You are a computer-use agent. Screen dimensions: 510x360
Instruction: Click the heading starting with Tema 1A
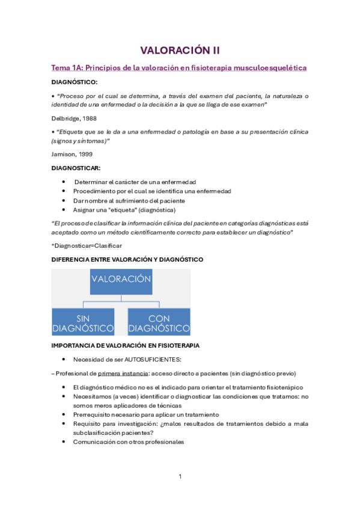[179, 68]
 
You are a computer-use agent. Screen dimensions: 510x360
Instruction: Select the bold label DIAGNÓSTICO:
[75, 82]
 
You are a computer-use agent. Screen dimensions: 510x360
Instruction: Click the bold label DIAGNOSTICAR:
[76, 168]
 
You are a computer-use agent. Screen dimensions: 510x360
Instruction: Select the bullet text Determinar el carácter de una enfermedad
[135, 182]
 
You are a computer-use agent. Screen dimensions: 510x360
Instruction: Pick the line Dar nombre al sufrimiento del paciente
[129, 200]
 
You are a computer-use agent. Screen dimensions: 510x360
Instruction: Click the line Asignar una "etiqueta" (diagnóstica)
[124, 210]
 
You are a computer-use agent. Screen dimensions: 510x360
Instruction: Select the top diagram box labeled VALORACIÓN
[121, 280]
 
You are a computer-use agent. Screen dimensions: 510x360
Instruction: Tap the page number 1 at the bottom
[180, 476]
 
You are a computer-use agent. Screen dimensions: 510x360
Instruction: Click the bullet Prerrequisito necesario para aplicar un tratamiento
[146, 414]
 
